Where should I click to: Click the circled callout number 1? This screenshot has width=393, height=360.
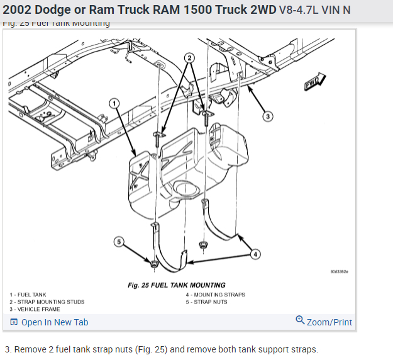pos(114,103)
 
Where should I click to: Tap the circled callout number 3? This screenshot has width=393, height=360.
pos(267,116)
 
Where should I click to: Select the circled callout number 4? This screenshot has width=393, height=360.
pos(255,254)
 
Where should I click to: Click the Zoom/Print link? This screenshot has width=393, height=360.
pos(329,322)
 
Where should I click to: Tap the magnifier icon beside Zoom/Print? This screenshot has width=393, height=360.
pos(300,320)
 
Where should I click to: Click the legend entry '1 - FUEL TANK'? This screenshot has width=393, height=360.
pos(28,295)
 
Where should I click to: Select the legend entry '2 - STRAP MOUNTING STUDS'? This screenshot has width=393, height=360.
pos(47,302)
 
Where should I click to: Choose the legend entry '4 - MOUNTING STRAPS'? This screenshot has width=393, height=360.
pos(215,295)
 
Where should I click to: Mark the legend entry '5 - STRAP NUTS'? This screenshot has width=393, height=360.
pos(206,302)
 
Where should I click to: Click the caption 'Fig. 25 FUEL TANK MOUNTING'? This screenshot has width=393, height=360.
pos(176,285)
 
